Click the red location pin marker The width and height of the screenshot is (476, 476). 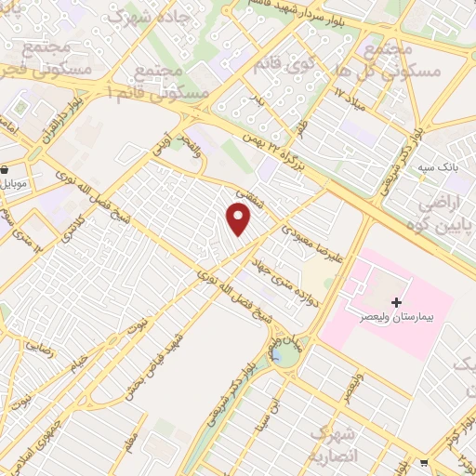pyautogui.click(x=239, y=218)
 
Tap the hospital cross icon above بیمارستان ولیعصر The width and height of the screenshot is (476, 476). pyautogui.click(x=397, y=303)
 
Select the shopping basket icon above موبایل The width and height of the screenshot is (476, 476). pyautogui.click(x=6, y=170)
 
